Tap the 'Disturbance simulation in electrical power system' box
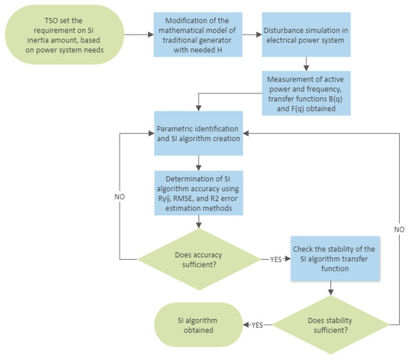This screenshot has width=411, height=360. pos(309,35)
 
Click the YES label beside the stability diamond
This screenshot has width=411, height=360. pos(257,325)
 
